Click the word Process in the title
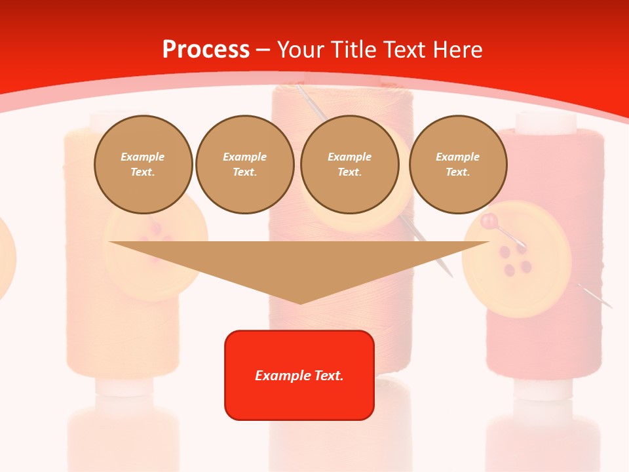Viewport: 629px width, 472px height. point(206,50)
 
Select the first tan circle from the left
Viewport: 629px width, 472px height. point(143,165)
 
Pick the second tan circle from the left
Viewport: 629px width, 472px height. point(244,165)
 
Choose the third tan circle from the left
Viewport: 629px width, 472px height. point(349,165)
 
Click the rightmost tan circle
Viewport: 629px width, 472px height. point(457,165)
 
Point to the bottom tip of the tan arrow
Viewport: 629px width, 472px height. point(300,303)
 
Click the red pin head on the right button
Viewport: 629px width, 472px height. point(489,222)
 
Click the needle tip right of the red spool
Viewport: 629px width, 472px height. point(610,307)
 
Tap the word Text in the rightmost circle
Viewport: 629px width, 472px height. point(457,172)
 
